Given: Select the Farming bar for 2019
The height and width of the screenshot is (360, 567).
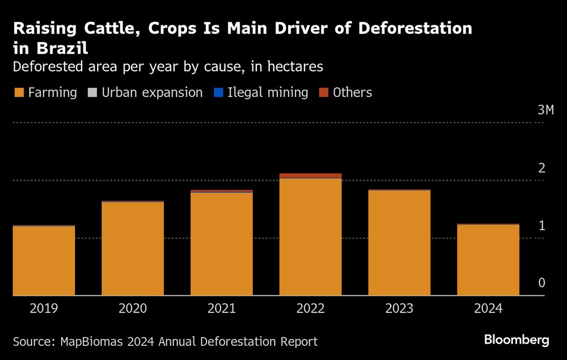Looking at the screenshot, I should coord(44,261).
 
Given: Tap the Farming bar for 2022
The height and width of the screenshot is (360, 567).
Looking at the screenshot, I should coord(310,237).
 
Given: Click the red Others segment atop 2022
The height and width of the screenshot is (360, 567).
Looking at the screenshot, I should coord(310,176).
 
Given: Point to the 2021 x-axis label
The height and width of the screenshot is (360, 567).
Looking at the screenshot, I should coord(222,308).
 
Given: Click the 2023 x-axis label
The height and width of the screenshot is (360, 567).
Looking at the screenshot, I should coord(399,308).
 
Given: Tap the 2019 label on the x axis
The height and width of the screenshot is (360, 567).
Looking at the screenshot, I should coord(44,308).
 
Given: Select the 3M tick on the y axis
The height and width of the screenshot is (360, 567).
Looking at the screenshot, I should coord(544,110).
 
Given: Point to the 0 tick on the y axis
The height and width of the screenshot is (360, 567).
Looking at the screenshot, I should coord(541,283).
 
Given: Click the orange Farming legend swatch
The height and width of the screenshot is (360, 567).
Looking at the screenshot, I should coord(18,92).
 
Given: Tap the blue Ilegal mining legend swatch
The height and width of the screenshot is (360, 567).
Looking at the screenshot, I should coord(217,92).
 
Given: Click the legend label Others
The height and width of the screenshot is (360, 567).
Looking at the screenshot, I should coord(352,92).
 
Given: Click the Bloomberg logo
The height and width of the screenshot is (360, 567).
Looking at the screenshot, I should coord(516,340).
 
